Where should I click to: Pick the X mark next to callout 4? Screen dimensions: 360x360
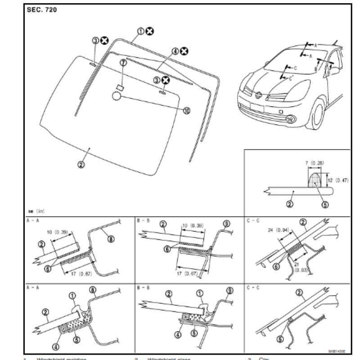click(x=184, y=51)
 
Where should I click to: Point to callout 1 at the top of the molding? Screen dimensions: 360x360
click(x=140, y=31)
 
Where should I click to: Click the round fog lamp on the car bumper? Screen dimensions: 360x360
click(x=290, y=119)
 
